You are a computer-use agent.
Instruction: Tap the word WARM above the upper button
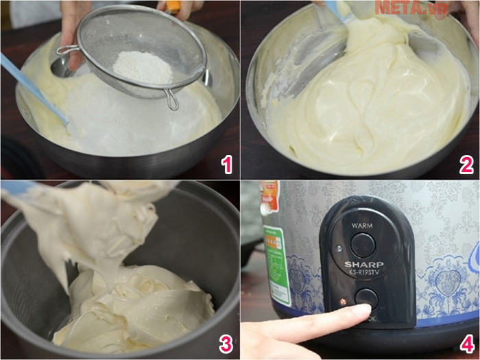pos(361,225)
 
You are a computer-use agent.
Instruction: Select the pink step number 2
pos(466,165)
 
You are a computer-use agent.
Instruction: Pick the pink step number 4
pos(466,343)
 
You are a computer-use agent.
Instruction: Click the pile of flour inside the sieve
pos(143,67)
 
